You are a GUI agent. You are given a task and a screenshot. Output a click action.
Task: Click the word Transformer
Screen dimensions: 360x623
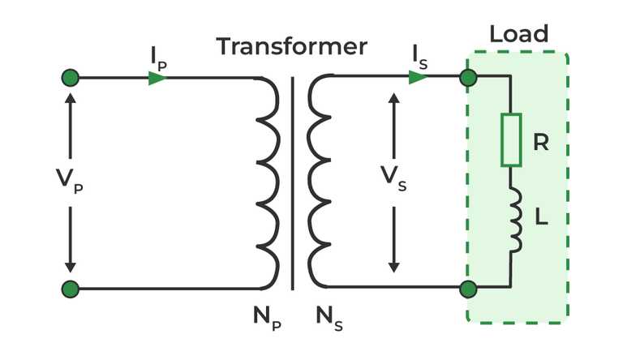coord(291,46)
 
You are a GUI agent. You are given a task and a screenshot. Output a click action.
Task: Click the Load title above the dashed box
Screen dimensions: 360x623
coord(519,34)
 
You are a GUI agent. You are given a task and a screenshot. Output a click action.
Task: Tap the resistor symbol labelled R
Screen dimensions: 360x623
coord(511,139)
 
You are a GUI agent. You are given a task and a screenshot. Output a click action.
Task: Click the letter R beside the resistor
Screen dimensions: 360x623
coord(541,144)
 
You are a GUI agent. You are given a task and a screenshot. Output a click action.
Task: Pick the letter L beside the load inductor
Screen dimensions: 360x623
coord(541,220)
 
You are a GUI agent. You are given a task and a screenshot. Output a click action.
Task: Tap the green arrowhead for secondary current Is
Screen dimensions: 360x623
coord(418,78)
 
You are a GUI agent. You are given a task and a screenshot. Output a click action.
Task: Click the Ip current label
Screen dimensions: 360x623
coord(158,57)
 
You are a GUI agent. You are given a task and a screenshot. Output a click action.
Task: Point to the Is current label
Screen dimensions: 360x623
coord(419,57)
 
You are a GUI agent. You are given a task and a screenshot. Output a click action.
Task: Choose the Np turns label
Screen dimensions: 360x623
coord(265,319)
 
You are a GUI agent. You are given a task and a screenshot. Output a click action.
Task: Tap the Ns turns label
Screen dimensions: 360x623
coord(329,319)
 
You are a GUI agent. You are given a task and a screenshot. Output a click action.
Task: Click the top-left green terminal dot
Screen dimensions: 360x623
coord(71,78)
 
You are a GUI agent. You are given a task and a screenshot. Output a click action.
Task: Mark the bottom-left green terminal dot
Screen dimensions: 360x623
coord(71,289)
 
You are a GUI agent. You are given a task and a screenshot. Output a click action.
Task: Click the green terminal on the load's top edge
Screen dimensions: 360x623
coord(468,78)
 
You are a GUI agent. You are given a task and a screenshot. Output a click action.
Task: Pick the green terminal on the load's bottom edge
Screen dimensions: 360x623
coord(468,289)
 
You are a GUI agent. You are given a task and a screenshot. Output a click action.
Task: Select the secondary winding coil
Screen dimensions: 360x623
coord(320,182)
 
